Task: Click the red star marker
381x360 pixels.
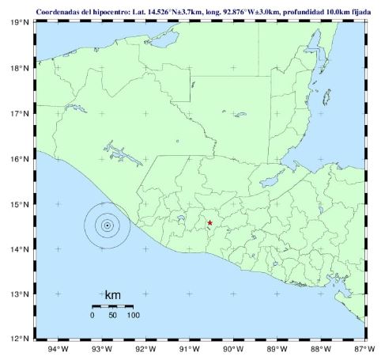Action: [x=209, y=223]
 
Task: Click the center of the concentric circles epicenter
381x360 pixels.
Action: [x=107, y=225]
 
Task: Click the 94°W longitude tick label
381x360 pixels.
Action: [x=58, y=349]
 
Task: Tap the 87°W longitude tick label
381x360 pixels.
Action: [x=364, y=349]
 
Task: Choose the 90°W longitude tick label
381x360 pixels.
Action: [x=233, y=349]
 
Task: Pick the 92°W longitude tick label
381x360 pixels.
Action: [x=145, y=349]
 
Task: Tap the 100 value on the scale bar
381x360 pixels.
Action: [x=133, y=316]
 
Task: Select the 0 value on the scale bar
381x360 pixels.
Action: [x=92, y=316]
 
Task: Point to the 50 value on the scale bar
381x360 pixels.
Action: [x=112, y=316]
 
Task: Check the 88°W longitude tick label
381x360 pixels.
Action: [x=321, y=349]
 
